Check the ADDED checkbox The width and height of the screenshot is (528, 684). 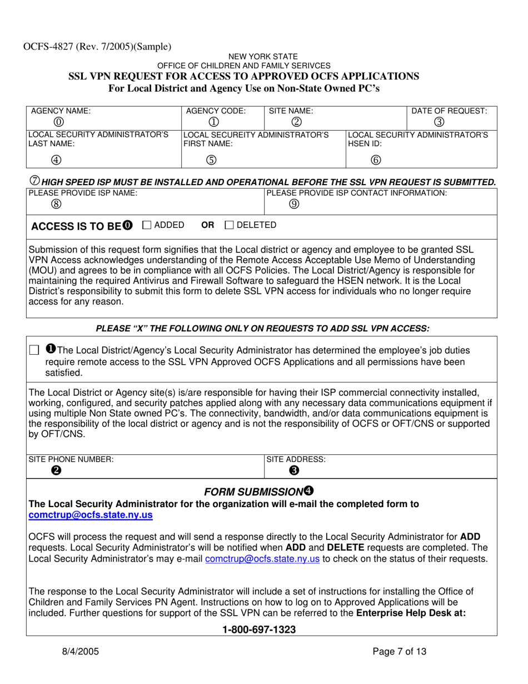coord(147,225)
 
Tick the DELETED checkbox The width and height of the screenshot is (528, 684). coord(229,225)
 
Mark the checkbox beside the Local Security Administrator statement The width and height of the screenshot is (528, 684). coord(34,350)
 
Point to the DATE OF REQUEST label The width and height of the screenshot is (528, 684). coord(449,111)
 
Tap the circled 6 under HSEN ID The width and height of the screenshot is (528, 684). coord(375,160)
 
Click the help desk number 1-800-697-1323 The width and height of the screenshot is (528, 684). coord(259,630)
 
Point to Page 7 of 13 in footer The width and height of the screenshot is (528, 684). coord(399,652)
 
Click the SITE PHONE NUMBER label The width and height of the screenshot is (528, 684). coord(71,459)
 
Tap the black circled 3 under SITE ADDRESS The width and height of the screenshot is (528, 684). coord(293,470)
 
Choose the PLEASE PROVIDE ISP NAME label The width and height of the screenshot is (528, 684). coord(83,192)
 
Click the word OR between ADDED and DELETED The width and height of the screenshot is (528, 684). coord(207,225)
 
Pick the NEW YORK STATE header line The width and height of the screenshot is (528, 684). coord(263,56)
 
